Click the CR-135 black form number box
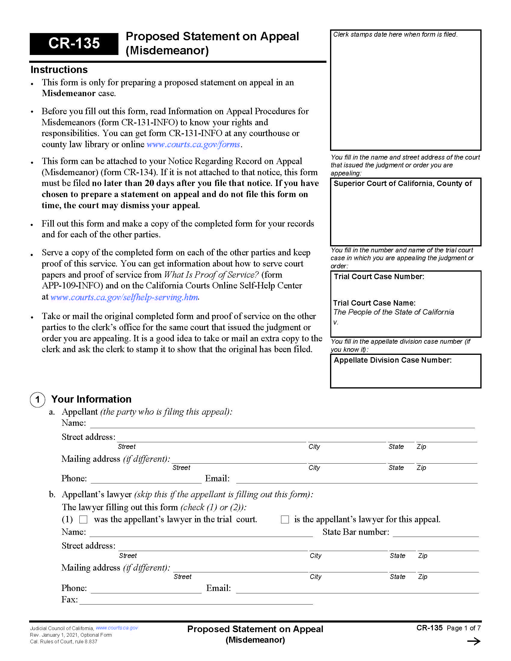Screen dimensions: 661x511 74,44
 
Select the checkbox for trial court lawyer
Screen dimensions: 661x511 83,520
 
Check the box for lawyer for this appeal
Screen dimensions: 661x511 285,520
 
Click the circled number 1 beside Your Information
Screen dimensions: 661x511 38,400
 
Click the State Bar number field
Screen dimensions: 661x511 435,532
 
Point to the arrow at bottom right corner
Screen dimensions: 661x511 474,641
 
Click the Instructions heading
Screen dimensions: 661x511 59,70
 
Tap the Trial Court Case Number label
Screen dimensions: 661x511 379,277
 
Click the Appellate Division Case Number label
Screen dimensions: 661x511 392,360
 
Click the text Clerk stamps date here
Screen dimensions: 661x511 395,35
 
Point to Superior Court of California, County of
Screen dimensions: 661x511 402,183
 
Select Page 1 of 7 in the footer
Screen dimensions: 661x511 464,628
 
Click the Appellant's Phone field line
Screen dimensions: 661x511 146,479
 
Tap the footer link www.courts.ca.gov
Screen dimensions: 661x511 117,628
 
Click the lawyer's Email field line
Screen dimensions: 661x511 357,589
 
